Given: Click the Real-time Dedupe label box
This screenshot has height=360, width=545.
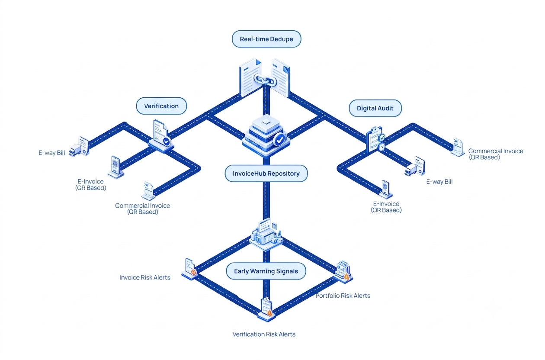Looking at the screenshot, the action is (266, 39).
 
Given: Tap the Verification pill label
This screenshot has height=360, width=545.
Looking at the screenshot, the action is (161, 106).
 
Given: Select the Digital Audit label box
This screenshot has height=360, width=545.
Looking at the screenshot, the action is (375, 108).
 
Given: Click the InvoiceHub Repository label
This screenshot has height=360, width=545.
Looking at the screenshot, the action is (266, 174).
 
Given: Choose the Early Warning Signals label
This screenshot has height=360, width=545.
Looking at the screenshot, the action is (266, 271).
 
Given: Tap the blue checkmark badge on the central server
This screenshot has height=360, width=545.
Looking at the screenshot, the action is (280, 140).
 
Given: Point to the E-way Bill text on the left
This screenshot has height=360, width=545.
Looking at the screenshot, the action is (52, 153).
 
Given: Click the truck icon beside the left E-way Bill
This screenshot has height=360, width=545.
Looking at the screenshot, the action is (75, 150).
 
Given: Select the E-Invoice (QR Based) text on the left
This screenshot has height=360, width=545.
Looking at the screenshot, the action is (90, 184).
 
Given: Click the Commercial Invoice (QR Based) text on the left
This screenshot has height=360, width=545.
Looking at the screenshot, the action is (143, 209).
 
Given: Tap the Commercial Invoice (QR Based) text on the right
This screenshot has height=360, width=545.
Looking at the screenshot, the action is (496, 154).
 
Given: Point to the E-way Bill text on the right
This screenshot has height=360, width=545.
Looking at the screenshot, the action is (439, 182).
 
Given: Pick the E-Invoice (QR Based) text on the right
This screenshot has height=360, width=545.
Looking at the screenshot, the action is (386, 207).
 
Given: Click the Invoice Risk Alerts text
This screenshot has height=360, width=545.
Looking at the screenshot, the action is (145, 278).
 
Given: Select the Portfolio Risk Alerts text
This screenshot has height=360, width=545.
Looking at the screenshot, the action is (343, 296).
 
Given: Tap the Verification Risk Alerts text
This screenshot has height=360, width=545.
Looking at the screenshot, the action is (264, 334).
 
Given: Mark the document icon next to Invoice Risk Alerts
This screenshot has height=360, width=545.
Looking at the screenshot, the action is (190, 268).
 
